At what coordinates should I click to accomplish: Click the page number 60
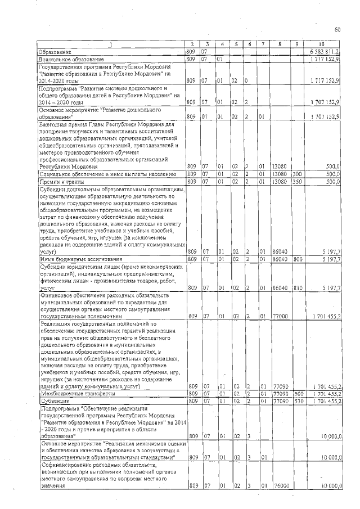pyautogui.click(x=337, y=29)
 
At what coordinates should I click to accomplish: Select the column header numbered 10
pyautogui.click(x=321, y=44)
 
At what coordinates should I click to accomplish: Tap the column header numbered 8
pyautogui.click(x=279, y=44)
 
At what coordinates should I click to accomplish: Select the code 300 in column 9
pyautogui.click(x=297, y=175)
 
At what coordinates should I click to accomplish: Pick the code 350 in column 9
pyautogui.click(x=297, y=182)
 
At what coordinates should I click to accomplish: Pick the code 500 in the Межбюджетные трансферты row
pyautogui.click(x=297, y=394)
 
